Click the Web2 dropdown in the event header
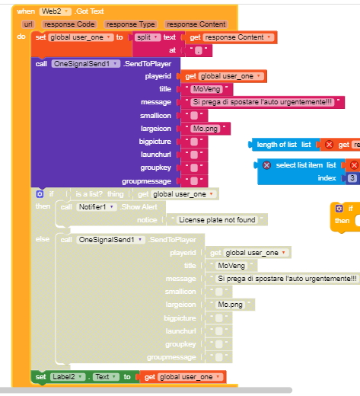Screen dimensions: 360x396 point(55,11)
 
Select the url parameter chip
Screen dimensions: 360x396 point(28,24)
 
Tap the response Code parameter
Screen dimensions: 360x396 point(69,24)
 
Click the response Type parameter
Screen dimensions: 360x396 point(130,24)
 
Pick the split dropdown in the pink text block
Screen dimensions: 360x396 point(147,37)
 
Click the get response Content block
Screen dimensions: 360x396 point(231,37)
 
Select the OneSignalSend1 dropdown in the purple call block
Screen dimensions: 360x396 point(85,64)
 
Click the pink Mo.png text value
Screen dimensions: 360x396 point(205,129)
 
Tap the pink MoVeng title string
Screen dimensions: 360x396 point(206,89)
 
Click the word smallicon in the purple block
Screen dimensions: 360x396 point(155,116)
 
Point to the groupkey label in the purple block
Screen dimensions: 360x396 point(156,168)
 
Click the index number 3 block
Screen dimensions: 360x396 point(352,178)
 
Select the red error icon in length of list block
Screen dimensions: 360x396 point(329,145)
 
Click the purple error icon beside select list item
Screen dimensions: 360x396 point(266,165)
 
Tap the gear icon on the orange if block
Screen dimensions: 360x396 point(339,209)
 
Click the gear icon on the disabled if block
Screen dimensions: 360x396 point(40,194)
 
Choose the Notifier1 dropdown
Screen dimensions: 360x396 point(97,207)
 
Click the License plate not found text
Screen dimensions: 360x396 point(217,220)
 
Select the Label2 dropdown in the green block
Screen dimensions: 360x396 point(67,377)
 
